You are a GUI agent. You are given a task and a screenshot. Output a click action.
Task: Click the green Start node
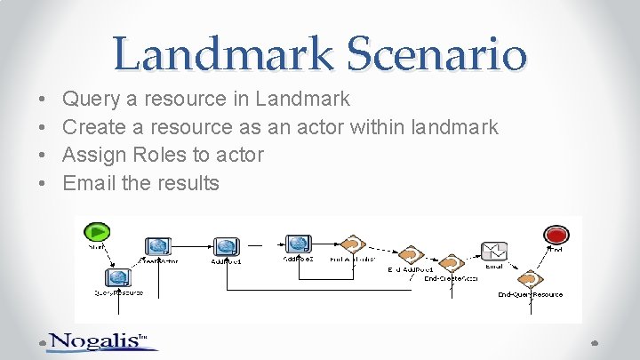tap(96, 232)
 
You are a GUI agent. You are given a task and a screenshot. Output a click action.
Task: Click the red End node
tap(556, 235)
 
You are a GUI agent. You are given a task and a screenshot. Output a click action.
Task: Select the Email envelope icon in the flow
tap(494, 252)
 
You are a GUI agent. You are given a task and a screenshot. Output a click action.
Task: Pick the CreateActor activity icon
tap(158, 246)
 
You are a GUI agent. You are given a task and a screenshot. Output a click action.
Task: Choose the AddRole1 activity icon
tap(226, 246)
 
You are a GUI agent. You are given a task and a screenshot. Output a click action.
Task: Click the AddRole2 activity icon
tap(298, 244)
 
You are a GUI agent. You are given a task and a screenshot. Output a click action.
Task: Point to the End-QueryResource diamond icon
tap(529, 279)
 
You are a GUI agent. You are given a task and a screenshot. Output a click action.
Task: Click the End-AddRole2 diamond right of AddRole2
tap(353, 244)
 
